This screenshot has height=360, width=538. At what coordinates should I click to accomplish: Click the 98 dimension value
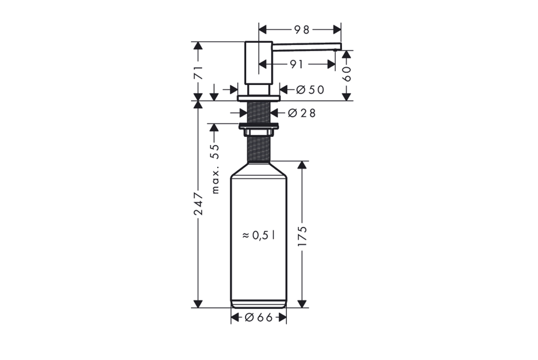[302, 30]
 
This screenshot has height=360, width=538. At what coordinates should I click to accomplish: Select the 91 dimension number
[296, 64]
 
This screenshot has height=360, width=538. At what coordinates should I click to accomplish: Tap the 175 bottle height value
[302, 236]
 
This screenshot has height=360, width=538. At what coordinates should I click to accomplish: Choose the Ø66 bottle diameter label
[259, 318]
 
